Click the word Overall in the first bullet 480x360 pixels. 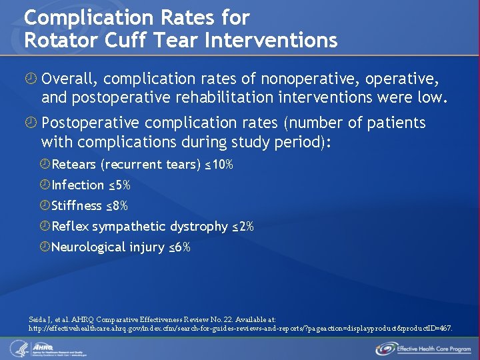[69, 80]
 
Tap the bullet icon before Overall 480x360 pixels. [30, 80]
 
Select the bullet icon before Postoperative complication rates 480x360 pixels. [30, 123]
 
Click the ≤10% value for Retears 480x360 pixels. [219, 165]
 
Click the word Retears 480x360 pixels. [73, 165]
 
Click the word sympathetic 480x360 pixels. [130, 227]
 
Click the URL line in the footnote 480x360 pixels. [240, 329]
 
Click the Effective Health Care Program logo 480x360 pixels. [423, 348]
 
